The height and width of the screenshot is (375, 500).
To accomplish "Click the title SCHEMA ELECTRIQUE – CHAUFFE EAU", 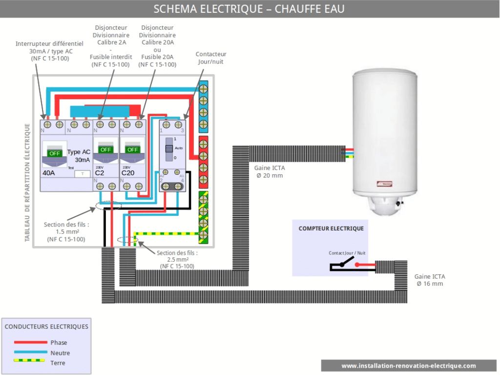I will point(249,9).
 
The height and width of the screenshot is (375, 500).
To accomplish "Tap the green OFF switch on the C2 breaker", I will point(106,149).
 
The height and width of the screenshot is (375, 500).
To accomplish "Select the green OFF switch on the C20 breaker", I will point(132,149).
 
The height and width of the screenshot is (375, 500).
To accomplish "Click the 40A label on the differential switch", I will point(49,173).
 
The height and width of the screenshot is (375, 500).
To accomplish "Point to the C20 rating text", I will point(128,173).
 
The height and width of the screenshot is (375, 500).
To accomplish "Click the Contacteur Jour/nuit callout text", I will point(211,58).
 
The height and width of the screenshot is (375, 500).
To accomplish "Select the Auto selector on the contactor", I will point(168,148).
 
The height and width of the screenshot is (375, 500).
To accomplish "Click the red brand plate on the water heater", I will point(386,185).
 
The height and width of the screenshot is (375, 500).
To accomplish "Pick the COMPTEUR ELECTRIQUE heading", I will point(331,229).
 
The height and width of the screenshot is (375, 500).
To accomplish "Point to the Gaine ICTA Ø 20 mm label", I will point(270,171).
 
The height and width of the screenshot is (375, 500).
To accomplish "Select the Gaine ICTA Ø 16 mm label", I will point(430,280).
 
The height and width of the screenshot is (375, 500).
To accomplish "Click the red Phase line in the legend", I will point(30,342).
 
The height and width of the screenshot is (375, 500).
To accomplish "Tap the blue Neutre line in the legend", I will point(30,353).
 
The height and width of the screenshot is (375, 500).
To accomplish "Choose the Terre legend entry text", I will point(58,363).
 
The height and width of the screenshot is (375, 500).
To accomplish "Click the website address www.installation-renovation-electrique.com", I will point(408,366).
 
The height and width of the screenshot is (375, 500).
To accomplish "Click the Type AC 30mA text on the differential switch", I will point(79,156).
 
